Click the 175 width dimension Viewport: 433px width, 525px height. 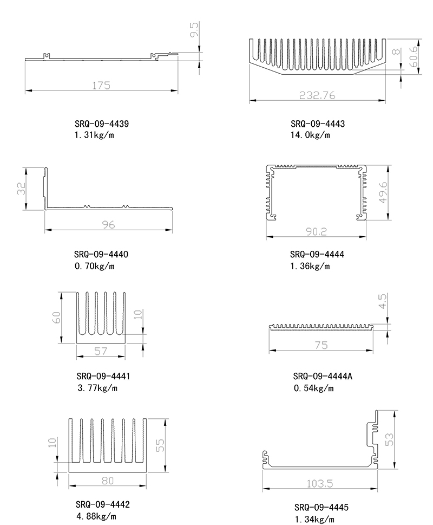click(x=101, y=86)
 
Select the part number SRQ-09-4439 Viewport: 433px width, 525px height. click(x=102, y=124)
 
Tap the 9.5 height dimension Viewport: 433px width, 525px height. click(x=194, y=29)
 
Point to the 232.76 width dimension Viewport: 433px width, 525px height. click(x=317, y=95)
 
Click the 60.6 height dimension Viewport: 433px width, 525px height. click(x=414, y=56)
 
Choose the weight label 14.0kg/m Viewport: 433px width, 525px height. click(x=310, y=135)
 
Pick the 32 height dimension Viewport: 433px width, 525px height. click(x=22, y=188)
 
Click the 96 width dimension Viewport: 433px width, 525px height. click(x=108, y=225)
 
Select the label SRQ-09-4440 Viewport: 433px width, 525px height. click(x=101, y=255)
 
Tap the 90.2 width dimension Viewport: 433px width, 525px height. click(x=316, y=231)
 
